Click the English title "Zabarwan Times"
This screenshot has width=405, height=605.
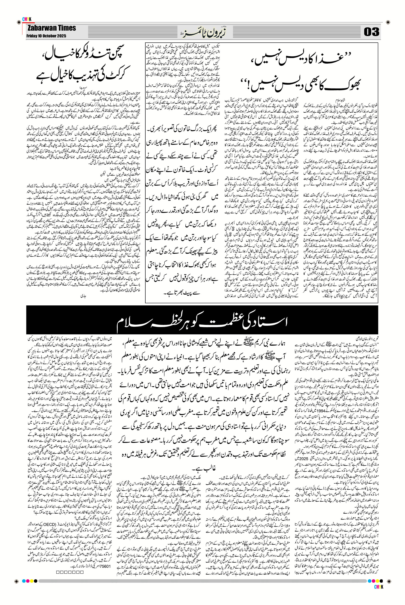52,28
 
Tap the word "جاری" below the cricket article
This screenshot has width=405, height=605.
83,295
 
